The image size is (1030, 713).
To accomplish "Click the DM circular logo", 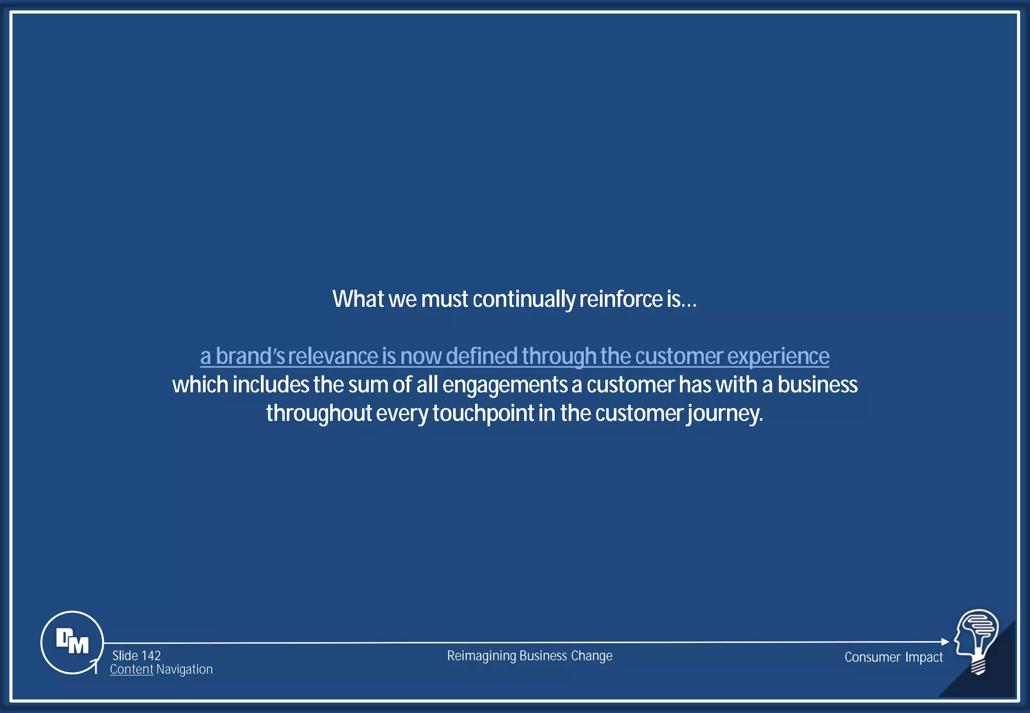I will tap(72, 642).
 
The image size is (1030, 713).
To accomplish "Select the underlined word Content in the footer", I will tap(132, 669).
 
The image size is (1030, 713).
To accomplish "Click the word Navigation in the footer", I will tap(185, 669).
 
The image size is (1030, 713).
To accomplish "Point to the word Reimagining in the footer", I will tap(481, 656).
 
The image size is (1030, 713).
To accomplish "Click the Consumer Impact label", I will tap(893, 657).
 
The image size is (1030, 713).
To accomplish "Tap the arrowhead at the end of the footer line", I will tap(945, 642).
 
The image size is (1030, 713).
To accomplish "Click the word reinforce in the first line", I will tap(621, 299).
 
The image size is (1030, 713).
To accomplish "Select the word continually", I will tap(524, 299).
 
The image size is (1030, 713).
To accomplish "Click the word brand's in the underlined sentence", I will tap(250, 356).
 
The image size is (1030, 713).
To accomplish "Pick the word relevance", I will tap(332, 356).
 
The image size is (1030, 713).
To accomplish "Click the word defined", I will tap(481, 356).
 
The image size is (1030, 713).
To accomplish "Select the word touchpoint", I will tap(483, 413).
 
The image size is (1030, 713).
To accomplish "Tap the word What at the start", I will tap(358, 299).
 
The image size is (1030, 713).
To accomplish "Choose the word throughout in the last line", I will tap(319, 413).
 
